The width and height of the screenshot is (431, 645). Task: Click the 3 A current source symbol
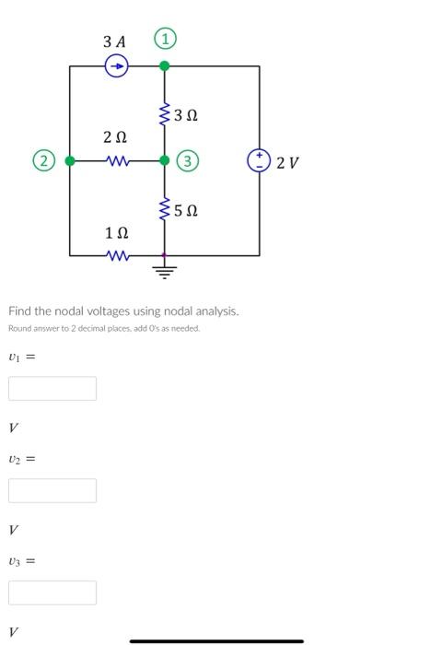pyautogui.click(x=116, y=66)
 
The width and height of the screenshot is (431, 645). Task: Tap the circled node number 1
pyautogui.click(x=165, y=40)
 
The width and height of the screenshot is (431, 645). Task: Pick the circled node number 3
pyautogui.click(x=188, y=161)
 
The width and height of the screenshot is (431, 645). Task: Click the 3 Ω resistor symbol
pyautogui.click(x=165, y=114)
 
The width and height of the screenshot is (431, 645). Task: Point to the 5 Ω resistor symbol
pyautogui.click(x=165, y=210)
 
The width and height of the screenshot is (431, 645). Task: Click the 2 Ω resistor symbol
pyautogui.click(x=117, y=160)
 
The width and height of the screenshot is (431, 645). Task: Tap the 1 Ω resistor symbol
pyautogui.click(x=117, y=255)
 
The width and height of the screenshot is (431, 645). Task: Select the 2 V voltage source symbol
pyautogui.click(x=259, y=160)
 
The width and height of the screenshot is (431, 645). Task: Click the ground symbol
pyautogui.click(x=165, y=271)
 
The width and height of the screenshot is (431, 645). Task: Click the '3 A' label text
pyautogui.click(x=114, y=41)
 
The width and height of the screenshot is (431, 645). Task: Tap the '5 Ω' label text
pyautogui.click(x=186, y=211)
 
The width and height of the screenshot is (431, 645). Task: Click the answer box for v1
pyautogui.click(x=52, y=388)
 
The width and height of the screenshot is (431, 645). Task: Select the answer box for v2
pyautogui.click(x=52, y=490)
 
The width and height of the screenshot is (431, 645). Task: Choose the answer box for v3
pyautogui.click(x=52, y=592)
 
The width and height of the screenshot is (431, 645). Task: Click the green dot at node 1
pyautogui.click(x=165, y=66)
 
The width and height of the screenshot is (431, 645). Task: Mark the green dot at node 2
pyautogui.click(x=69, y=160)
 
